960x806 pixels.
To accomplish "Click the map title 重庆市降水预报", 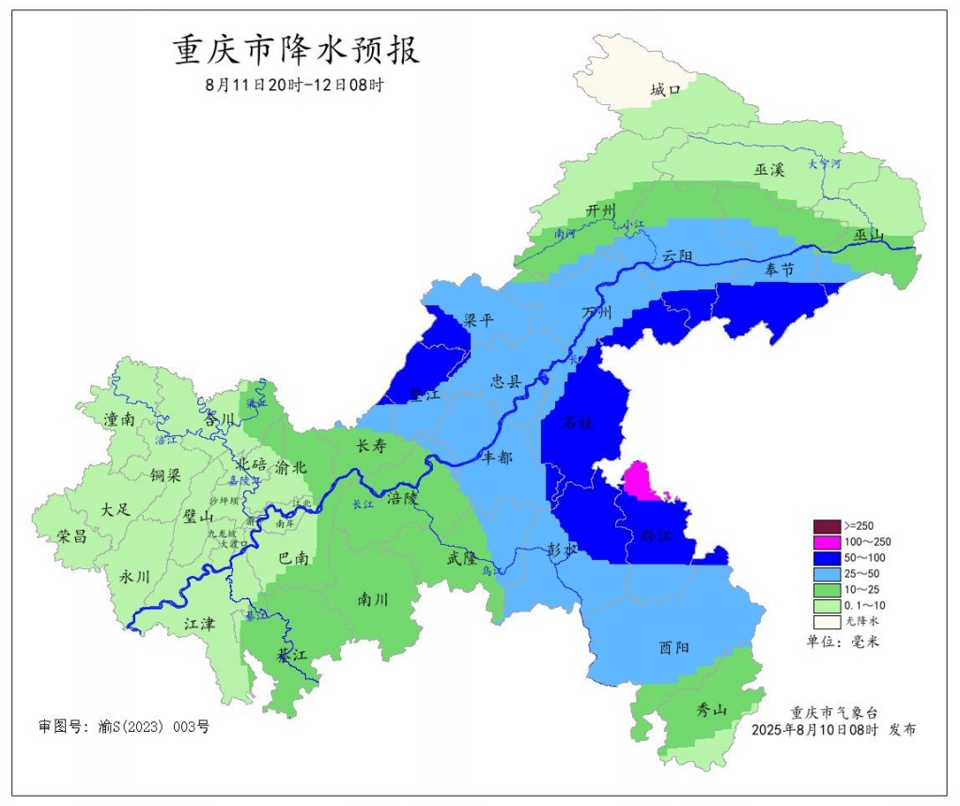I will (296, 50).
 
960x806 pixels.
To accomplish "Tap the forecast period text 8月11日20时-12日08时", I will (295, 85).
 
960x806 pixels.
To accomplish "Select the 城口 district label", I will (664, 90).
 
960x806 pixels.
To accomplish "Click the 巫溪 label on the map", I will (768, 170).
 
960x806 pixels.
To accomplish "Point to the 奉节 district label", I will (779, 270).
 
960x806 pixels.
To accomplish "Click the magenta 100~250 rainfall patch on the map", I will (644, 480).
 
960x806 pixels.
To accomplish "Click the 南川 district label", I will (374, 598).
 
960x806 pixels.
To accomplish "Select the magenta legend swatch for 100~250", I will (827, 542).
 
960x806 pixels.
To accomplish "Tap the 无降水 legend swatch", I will (827, 621).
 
